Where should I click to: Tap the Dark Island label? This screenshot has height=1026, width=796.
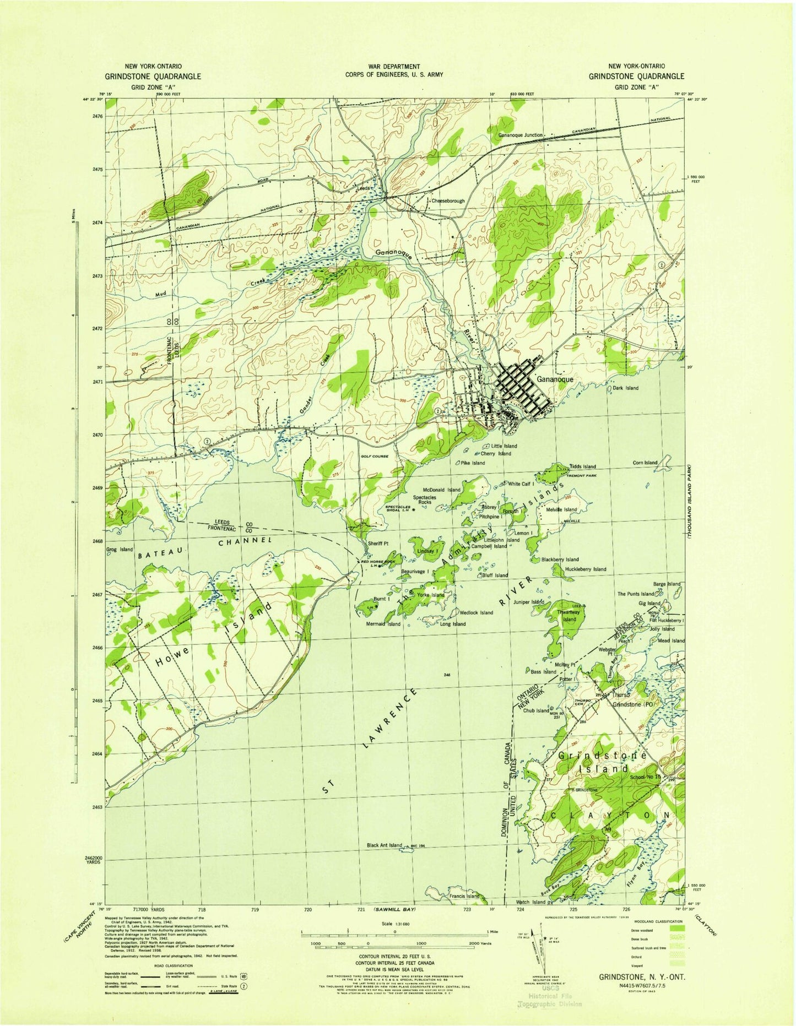[x=625, y=388]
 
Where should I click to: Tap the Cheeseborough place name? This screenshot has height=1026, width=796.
[x=448, y=201]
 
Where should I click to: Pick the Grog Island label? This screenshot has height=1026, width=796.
[x=120, y=550]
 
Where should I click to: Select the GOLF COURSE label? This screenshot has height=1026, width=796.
[x=375, y=456]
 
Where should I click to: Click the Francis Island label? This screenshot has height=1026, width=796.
[x=465, y=896]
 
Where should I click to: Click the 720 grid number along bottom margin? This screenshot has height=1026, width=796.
[x=307, y=909]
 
